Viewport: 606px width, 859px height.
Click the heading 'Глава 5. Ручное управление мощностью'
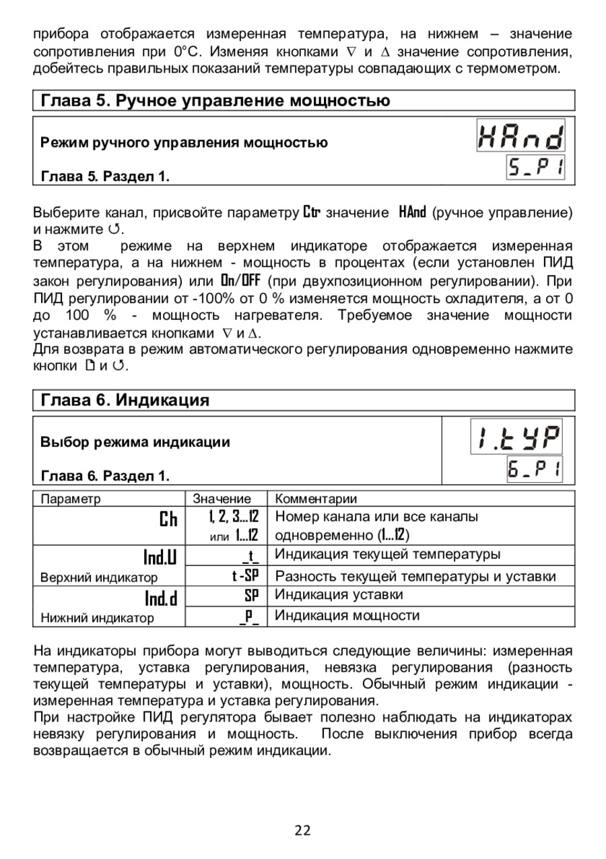tap(215, 101)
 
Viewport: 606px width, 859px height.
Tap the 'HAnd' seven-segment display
tap(520, 136)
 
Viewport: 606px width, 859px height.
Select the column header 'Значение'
tap(222, 499)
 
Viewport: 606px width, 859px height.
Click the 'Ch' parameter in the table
tap(168, 519)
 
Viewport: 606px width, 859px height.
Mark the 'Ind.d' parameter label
tap(161, 598)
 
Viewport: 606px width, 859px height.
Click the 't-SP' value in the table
tap(245, 576)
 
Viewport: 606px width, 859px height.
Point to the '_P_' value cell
tap(249, 616)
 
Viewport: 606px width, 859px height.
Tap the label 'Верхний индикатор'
tap(100, 577)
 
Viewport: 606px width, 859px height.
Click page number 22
tap(302, 831)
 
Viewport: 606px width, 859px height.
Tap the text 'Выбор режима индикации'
tap(135, 443)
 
